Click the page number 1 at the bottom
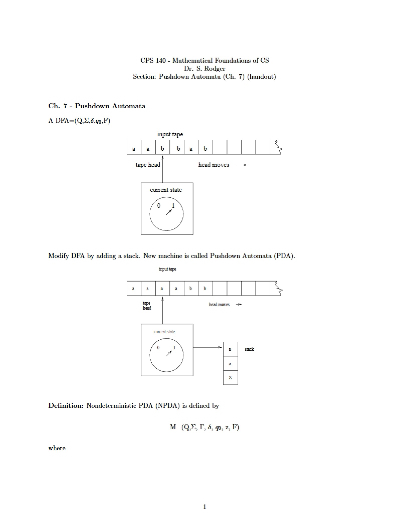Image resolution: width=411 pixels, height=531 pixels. pyautogui.click(x=204, y=507)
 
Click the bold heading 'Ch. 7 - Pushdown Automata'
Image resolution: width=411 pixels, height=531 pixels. pyautogui.click(x=97, y=106)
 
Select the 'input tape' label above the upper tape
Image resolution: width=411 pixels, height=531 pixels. pyautogui.click(x=170, y=134)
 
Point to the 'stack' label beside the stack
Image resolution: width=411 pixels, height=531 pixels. pyautogui.click(x=249, y=349)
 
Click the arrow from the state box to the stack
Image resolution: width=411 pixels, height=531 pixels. pyautogui.click(x=208, y=347)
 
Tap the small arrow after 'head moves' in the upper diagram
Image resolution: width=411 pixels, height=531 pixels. pyautogui.click(x=242, y=165)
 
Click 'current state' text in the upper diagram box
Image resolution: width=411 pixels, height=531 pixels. pyautogui.click(x=166, y=190)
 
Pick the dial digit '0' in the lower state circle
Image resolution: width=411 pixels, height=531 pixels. pyautogui.click(x=158, y=347)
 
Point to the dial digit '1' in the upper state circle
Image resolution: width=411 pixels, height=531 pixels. pyautogui.click(x=173, y=206)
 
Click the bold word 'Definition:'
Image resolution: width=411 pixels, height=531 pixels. pyautogui.click(x=66, y=406)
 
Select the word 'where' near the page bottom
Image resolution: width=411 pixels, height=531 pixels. pyautogui.click(x=57, y=448)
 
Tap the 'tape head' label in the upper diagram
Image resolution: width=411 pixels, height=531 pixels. pyautogui.click(x=148, y=165)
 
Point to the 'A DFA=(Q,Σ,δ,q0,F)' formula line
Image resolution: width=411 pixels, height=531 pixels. pyautogui.click(x=79, y=121)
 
